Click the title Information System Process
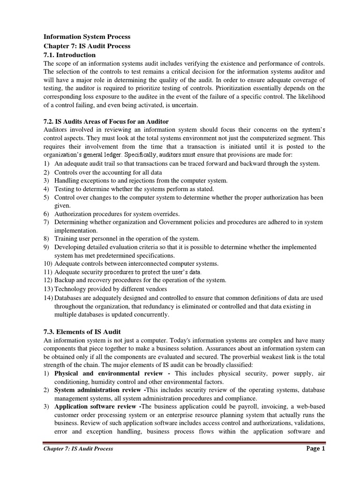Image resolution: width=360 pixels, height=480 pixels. point(87,37)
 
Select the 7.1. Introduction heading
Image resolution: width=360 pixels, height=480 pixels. point(69,55)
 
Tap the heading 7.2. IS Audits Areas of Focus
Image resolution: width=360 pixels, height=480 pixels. point(106,121)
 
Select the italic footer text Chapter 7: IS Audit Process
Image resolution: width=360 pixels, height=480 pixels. point(78,449)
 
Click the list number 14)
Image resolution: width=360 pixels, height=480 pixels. point(48,298)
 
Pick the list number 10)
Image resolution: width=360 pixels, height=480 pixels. point(48,264)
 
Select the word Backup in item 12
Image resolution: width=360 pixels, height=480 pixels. point(65,280)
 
